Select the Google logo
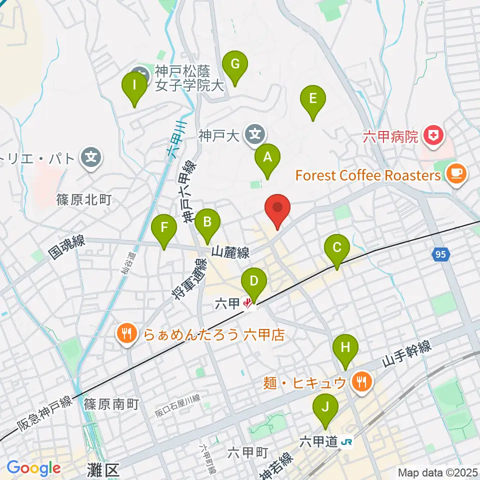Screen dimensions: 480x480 pyautogui.click(x=33, y=468)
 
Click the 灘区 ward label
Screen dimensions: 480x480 pyautogui.click(x=105, y=470)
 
